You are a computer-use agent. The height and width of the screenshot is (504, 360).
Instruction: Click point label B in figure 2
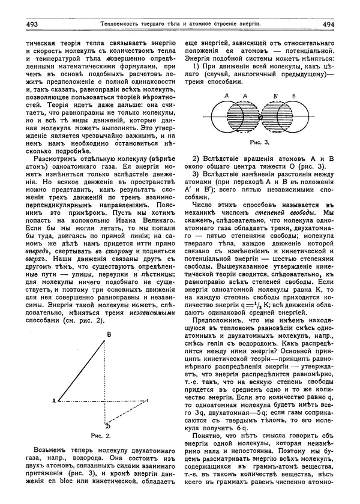(x=109, y=335)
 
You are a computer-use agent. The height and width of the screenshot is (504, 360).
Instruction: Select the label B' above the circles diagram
(x=277, y=95)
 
